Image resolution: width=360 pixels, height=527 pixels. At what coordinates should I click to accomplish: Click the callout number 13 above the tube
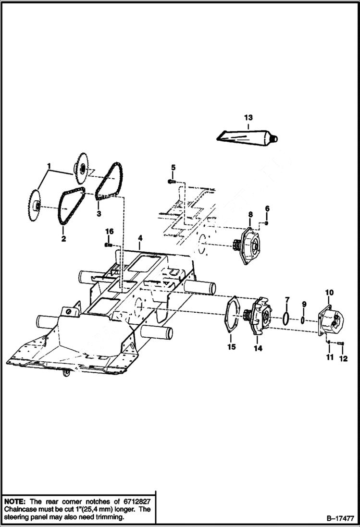coord(248,118)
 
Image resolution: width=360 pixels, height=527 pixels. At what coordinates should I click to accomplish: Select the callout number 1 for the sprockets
coord(49,167)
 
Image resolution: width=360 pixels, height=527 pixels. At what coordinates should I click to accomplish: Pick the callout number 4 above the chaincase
coord(140,238)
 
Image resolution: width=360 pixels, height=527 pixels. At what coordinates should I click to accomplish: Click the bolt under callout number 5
coord(171,182)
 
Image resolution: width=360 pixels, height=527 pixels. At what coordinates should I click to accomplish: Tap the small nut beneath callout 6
coord(267,223)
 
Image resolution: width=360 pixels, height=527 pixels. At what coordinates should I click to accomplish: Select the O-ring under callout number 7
coord(286,318)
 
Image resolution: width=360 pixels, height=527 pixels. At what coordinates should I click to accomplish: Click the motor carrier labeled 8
coord(253,247)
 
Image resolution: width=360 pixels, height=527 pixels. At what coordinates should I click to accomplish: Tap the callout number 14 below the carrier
coord(258,348)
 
